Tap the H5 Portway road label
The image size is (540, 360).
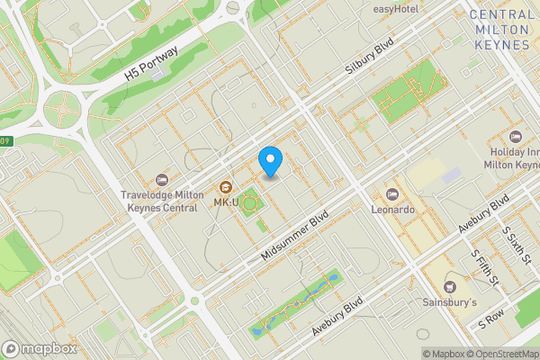point(154,68)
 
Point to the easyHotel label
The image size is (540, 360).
point(395,9)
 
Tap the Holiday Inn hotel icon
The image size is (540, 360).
point(516,136)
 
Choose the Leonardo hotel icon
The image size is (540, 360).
point(392,194)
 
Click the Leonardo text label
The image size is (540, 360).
point(393,209)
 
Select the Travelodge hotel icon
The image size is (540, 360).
point(161,180)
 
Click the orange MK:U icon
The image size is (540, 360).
point(224,188)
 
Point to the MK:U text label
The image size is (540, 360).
point(225,202)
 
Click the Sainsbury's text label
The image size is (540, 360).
point(450,302)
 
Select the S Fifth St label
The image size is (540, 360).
point(486,267)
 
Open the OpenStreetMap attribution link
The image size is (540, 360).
point(499,353)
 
